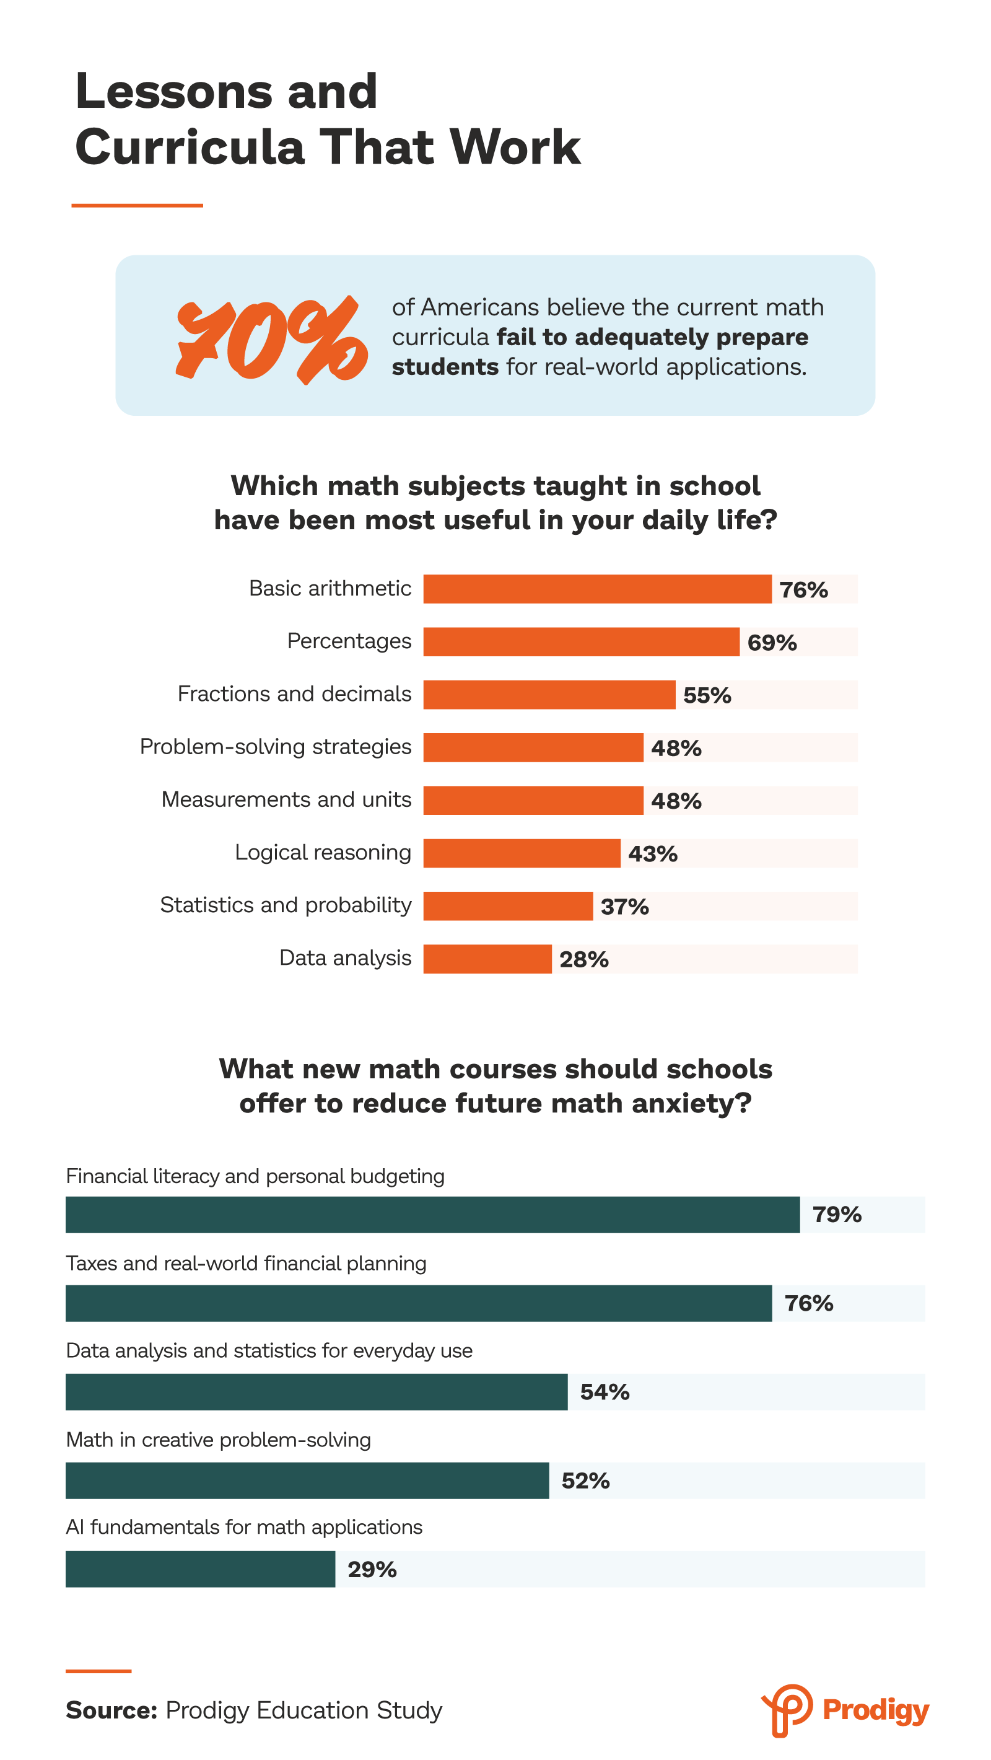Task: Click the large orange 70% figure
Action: pyautogui.click(x=272, y=340)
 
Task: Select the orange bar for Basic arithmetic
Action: pyautogui.click(x=597, y=589)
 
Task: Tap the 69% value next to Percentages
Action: pyautogui.click(x=772, y=642)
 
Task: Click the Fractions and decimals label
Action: pyautogui.click(x=294, y=694)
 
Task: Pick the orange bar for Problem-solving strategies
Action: pyautogui.click(x=533, y=747)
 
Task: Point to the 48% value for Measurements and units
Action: pyautogui.click(x=676, y=801)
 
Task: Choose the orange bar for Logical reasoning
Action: pyautogui.click(x=522, y=853)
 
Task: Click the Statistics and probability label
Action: pyautogui.click(x=286, y=905)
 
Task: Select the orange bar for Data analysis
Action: pyautogui.click(x=487, y=959)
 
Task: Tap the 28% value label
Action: pyautogui.click(x=583, y=959)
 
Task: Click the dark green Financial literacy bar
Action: pyautogui.click(x=432, y=1215)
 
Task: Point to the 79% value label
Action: pyautogui.click(x=837, y=1215)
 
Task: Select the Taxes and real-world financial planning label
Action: pyautogui.click(x=246, y=1263)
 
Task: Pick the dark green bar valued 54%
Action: pyautogui.click(x=317, y=1392)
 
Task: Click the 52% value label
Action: pyautogui.click(x=585, y=1481)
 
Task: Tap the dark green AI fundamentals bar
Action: pyautogui.click(x=200, y=1569)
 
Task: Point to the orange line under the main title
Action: pyautogui.click(x=138, y=205)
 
